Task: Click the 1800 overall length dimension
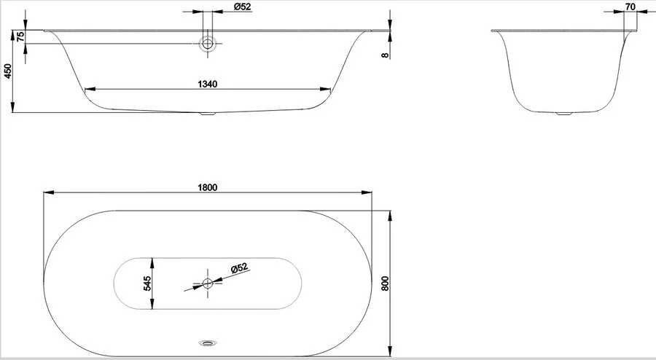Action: (208, 187)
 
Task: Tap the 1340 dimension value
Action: (208, 84)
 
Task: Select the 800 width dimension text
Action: (385, 283)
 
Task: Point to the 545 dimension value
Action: (147, 283)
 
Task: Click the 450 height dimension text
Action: (7, 71)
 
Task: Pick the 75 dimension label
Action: (20, 36)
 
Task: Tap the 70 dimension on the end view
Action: (630, 7)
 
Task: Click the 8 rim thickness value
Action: (386, 55)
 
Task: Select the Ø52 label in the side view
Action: (242, 7)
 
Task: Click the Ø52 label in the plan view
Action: (239, 268)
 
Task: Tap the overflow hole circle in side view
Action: (208, 43)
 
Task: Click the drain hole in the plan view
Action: (208, 283)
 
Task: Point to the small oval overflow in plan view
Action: (208, 343)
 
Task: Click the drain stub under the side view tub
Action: (208, 113)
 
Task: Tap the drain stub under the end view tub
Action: (565, 113)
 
